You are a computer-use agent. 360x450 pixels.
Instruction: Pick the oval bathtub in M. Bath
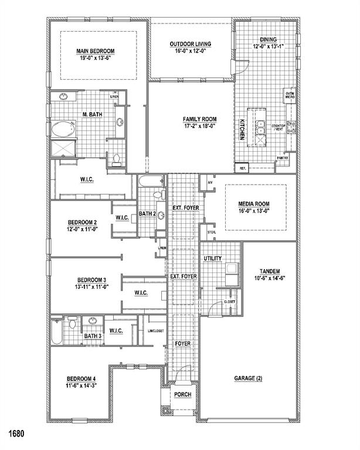click(x=63, y=129)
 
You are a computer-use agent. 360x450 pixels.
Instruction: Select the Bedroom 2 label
click(x=82, y=222)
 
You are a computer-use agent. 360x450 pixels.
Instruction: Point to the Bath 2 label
click(x=147, y=214)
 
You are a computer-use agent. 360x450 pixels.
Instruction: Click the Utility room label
click(x=212, y=258)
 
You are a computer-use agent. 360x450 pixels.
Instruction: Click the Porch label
click(x=182, y=394)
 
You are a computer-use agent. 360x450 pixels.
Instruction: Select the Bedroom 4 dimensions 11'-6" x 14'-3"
click(x=82, y=386)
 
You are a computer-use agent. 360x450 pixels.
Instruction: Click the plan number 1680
click(x=16, y=434)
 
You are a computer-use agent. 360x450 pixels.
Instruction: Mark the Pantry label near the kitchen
click(x=283, y=158)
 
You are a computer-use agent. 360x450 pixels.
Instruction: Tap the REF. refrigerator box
click(x=242, y=168)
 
